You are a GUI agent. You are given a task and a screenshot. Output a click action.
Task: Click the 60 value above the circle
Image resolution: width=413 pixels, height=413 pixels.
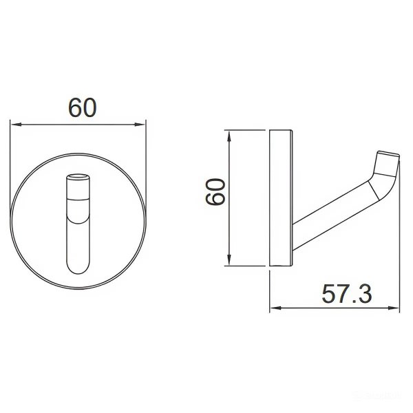(x=81, y=107)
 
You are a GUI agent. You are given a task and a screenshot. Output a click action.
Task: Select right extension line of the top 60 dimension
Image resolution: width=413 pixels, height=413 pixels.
(x=147, y=158)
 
